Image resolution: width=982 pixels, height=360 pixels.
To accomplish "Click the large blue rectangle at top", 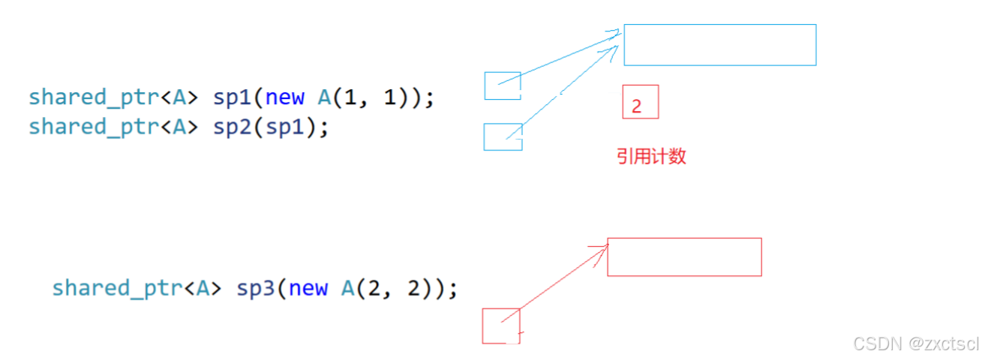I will coord(719,45).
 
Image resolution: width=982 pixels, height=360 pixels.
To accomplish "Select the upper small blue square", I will coord(502,85).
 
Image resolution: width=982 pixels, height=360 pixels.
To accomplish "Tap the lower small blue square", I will coord(502,136).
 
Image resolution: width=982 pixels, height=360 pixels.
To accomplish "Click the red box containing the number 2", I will coord(640,102).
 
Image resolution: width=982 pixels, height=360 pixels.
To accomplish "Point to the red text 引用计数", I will coord(651,157).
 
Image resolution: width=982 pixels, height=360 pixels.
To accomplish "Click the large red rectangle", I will coord(684,257).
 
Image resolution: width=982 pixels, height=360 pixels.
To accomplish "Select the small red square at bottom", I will coord(500,325).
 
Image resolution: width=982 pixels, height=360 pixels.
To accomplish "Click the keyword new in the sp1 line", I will coord(285,97).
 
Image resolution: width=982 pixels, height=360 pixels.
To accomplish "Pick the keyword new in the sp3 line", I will coord(308,288).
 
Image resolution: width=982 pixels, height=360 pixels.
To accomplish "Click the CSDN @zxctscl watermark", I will coord(916,343).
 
